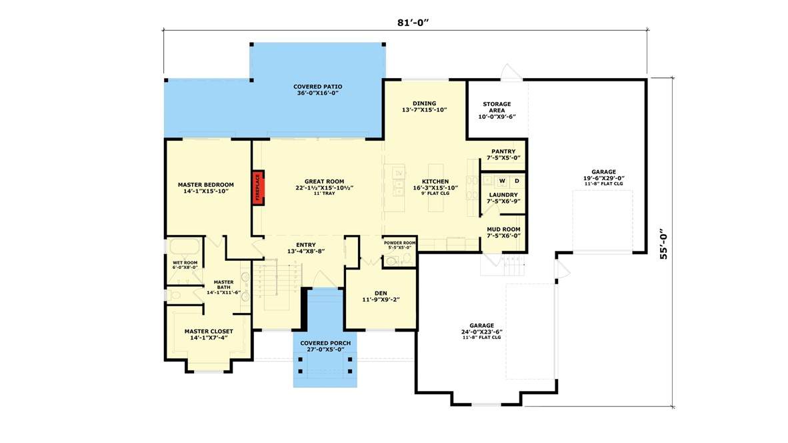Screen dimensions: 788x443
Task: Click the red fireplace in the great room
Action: point(258,187)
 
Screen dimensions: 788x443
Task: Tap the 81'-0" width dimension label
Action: point(413,22)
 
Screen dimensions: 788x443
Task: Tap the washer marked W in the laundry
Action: point(502,181)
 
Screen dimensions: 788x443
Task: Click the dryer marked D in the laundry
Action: point(517,181)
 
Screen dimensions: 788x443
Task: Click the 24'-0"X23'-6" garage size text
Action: point(482,332)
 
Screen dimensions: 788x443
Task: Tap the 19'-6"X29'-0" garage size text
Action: point(603,178)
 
